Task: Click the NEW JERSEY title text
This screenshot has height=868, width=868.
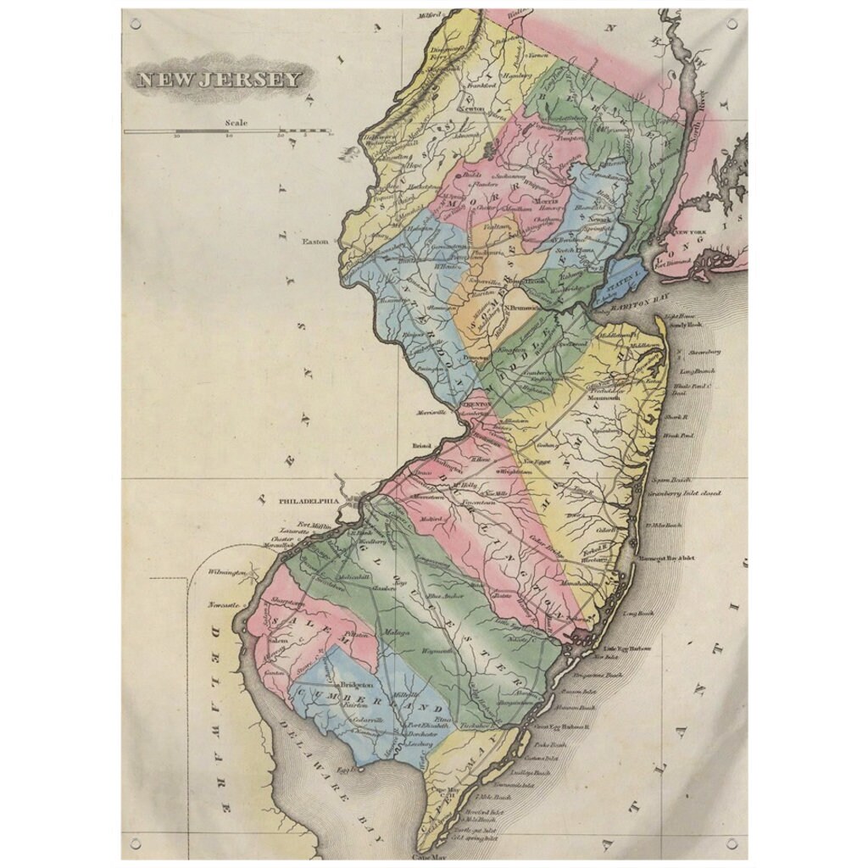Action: point(219,80)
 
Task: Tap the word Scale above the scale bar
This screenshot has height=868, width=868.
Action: point(236,123)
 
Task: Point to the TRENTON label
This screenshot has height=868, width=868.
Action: point(475,405)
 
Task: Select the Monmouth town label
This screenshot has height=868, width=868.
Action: point(604,397)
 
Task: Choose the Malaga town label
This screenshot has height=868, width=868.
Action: point(398,632)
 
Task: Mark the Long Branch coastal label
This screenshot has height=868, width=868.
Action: point(698,370)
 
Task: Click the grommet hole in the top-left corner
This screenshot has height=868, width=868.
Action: point(135,23)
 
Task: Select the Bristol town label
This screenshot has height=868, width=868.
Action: point(422,445)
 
